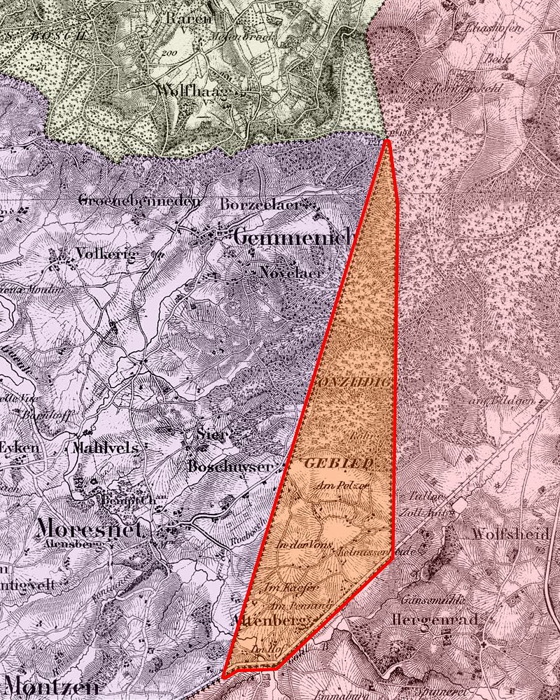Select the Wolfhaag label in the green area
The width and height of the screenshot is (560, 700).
[192, 92]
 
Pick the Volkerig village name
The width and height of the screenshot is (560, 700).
[106, 253]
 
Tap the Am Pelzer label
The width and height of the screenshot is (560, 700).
[342, 484]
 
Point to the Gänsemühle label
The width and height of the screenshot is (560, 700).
[426, 600]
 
